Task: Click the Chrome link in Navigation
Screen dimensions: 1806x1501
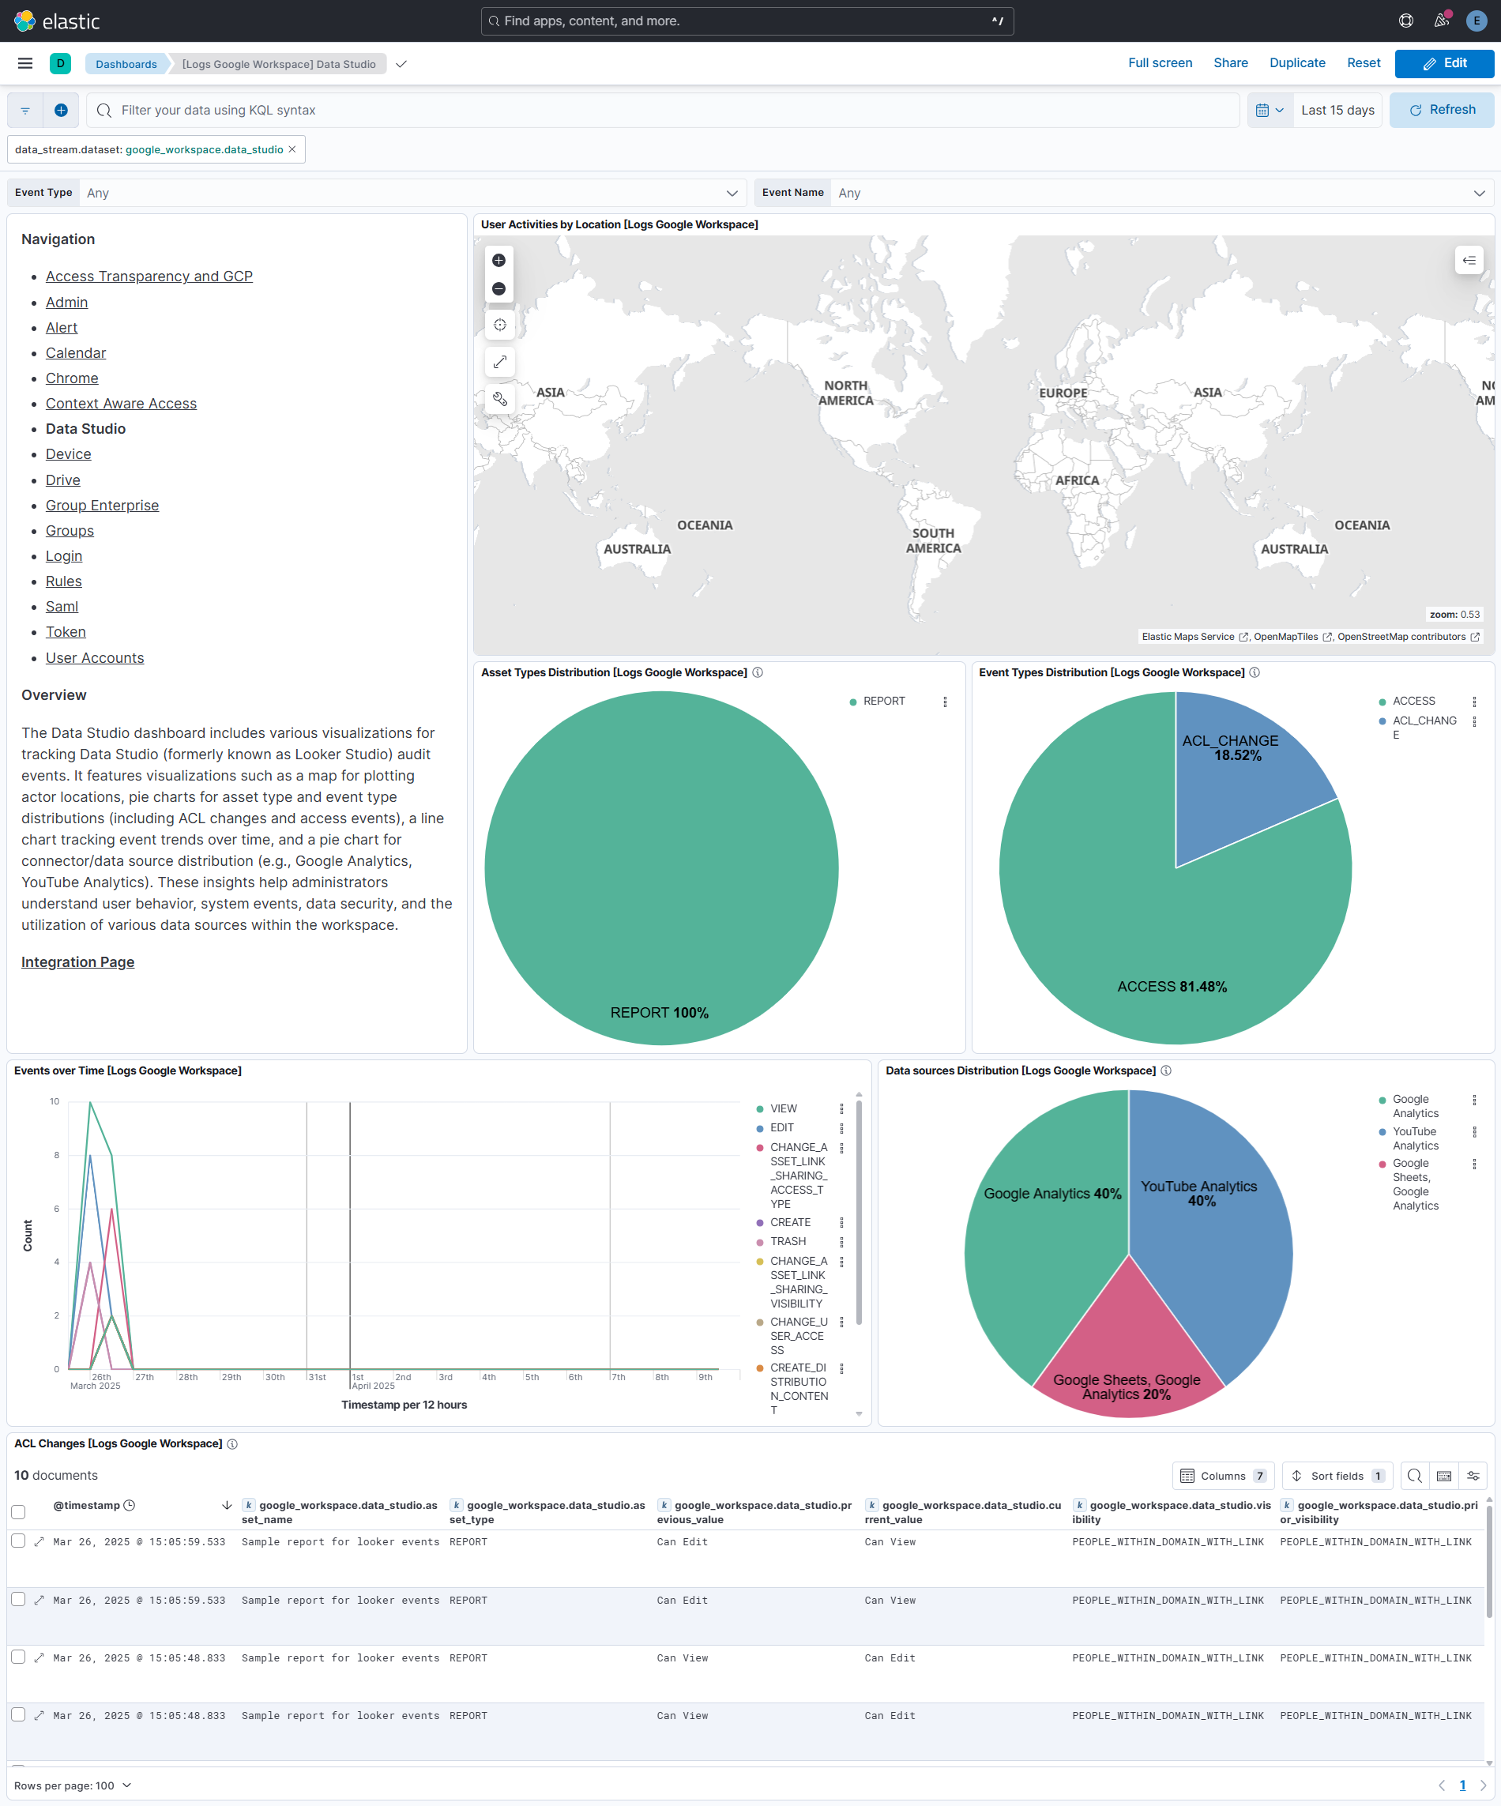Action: click(71, 378)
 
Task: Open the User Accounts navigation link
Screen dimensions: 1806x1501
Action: click(95, 658)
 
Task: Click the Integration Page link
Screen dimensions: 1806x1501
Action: click(77, 961)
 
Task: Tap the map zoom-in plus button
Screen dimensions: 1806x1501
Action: click(499, 261)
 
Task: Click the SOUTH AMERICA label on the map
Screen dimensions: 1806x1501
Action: click(932, 540)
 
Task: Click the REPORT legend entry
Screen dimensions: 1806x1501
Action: click(883, 701)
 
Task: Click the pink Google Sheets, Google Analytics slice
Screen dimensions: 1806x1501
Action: click(1127, 1368)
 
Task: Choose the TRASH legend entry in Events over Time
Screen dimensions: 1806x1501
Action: click(787, 1241)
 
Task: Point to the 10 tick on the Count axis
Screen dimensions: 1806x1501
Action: click(55, 1101)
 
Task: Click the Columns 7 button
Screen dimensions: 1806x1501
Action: click(1222, 1476)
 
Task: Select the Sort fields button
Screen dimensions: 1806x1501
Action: click(1336, 1476)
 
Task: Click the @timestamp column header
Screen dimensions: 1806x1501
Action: click(86, 1505)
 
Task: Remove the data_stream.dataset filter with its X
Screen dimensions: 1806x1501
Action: click(292, 149)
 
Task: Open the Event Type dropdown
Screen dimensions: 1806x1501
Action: click(408, 193)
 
